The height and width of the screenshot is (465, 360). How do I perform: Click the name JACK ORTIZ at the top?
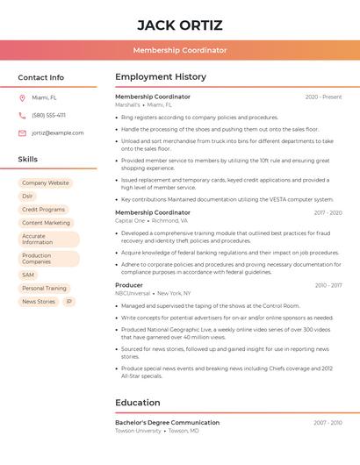[180, 25]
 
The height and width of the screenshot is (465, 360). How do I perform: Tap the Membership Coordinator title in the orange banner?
[180, 50]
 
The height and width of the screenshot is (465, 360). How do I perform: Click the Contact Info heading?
[40, 77]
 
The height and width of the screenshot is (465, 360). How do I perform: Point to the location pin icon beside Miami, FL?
[22, 97]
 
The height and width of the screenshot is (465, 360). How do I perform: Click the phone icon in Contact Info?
[22, 115]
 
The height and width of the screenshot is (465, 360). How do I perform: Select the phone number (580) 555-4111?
[48, 115]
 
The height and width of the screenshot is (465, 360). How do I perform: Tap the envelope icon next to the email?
[22, 133]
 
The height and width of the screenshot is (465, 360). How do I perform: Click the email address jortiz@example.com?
[57, 133]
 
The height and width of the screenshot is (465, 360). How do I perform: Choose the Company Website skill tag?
[46, 183]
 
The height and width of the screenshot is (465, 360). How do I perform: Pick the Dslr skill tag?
[28, 197]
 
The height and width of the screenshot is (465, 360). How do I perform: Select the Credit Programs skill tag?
[43, 210]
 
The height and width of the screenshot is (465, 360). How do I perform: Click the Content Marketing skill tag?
[46, 223]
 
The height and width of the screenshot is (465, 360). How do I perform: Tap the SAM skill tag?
[28, 275]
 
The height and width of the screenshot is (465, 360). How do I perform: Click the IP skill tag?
[69, 301]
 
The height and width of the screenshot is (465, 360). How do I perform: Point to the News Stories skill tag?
[39, 301]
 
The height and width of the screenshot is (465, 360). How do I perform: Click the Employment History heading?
[161, 77]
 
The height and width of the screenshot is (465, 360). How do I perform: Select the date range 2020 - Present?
[323, 97]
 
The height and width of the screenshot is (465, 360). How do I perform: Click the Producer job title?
[129, 285]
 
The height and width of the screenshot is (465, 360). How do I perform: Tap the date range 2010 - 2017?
[328, 285]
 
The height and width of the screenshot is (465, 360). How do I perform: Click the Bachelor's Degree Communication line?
[167, 423]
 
